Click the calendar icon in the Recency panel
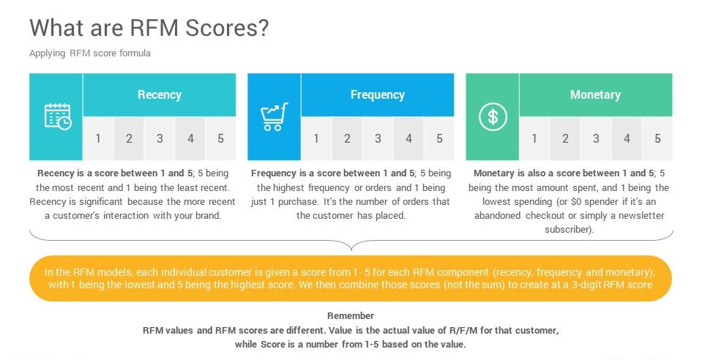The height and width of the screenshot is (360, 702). click(57, 117)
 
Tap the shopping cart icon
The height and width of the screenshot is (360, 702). click(274, 117)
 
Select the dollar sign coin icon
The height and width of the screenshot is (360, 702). click(493, 117)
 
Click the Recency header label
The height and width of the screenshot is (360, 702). click(160, 95)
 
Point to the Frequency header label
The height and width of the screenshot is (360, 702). click(378, 95)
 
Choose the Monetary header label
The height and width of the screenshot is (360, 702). click(595, 95)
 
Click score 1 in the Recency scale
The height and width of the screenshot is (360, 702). click(98, 138)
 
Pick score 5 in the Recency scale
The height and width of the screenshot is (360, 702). click(221, 138)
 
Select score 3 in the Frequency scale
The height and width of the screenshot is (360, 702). click(378, 138)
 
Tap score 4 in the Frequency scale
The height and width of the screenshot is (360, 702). click(408, 138)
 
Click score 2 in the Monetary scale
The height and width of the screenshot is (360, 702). click(565, 138)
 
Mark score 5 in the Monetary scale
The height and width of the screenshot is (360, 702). click(657, 138)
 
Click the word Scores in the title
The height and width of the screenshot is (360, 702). click(227, 28)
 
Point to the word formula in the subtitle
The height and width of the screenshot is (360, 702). click(135, 53)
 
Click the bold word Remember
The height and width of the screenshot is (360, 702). click(351, 315)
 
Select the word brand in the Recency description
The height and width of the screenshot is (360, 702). click(207, 215)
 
